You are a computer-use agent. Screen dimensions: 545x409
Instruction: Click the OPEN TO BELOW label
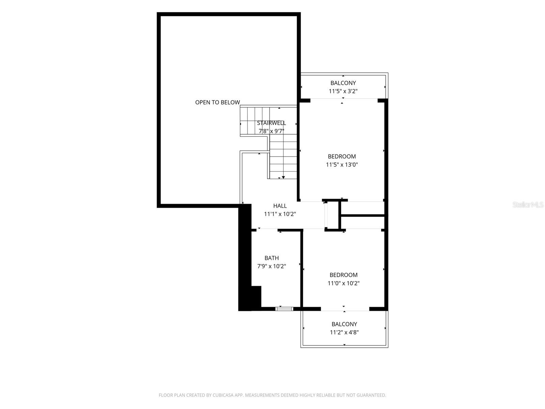(x=217, y=102)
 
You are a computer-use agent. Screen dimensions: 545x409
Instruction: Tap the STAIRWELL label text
(x=271, y=123)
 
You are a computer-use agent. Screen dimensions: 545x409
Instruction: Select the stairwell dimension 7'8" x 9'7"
(x=271, y=131)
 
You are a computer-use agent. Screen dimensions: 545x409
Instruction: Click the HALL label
(x=280, y=206)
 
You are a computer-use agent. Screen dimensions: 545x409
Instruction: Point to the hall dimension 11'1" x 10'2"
(x=280, y=214)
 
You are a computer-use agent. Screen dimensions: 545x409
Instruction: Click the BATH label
(x=271, y=258)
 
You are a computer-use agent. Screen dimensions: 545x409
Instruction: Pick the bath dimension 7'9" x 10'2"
(x=271, y=266)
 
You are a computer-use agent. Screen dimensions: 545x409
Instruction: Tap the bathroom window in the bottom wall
(x=284, y=309)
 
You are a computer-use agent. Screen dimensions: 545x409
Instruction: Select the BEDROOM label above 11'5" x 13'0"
(x=342, y=156)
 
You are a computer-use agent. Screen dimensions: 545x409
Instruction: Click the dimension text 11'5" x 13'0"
(x=342, y=164)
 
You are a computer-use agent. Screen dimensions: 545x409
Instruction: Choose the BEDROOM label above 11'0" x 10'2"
(x=343, y=275)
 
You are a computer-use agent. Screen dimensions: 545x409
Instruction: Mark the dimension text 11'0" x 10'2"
(x=343, y=283)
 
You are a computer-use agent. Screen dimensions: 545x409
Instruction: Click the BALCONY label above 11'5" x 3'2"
(x=343, y=83)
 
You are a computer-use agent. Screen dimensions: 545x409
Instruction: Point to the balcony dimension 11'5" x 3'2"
(x=343, y=91)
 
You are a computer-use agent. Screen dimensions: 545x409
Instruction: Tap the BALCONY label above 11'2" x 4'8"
(x=344, y=324)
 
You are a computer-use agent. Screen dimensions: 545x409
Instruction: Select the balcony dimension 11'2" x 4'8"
(x=344, y=332)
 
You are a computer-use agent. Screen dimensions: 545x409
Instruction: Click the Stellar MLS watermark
(x=528, y=204)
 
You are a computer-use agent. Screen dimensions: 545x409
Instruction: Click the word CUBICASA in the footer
(x=222, y=395)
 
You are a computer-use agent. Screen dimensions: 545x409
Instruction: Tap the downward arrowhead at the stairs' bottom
(x=283, y=177)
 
